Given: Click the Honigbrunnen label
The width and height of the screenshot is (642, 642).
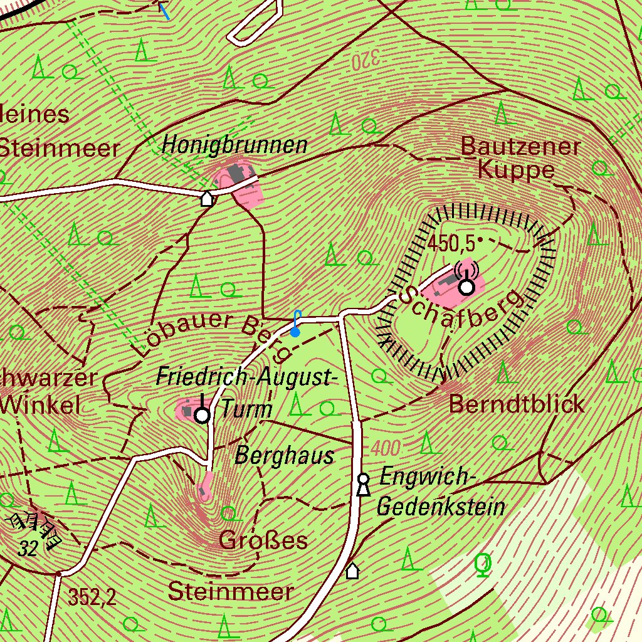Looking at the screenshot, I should [234, 145].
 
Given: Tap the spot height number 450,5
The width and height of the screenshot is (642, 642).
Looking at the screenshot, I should [451, 243].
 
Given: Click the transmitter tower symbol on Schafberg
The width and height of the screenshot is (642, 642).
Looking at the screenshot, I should [466, 287].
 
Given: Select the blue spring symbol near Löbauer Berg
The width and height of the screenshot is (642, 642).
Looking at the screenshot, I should [295, 332].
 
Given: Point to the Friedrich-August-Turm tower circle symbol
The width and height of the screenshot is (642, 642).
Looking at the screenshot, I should [202, 415].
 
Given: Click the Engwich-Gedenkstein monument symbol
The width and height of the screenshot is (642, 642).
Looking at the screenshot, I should [362, 485].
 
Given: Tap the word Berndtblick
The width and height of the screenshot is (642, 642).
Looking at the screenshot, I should [517, 404].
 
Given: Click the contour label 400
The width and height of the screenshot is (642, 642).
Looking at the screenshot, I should [385, 448].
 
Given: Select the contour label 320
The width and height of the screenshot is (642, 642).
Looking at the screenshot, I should [366, 60].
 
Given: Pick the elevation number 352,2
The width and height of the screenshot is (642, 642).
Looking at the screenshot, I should [92, 597].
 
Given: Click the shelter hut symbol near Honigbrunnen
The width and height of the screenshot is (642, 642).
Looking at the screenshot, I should [206, 199].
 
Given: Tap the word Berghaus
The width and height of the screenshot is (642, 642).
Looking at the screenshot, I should [284, 456].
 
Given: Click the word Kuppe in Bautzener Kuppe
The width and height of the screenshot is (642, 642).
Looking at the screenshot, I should [516, 170].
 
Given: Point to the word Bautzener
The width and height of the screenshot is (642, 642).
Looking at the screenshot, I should [520, 146].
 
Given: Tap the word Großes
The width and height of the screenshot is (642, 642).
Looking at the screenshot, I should [263, 540].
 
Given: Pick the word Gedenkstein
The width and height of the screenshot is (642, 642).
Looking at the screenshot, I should [441, 505].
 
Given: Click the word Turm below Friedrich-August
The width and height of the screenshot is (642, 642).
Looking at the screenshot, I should [246, 409].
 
